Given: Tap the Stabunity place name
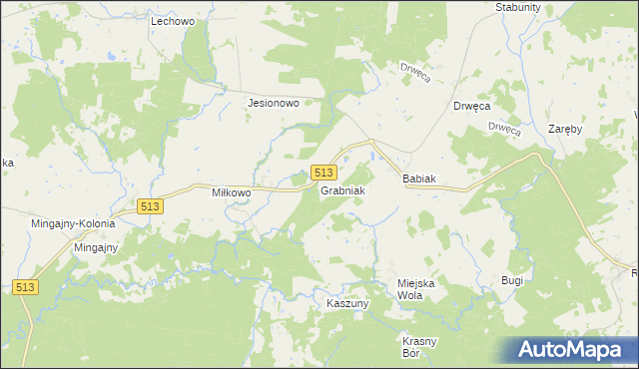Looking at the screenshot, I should pyautogui.click(x=517, y=7).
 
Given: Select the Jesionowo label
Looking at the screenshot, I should pyautogui.click(x=274, y=102).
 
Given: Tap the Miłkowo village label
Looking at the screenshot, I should pyautogui.click(x=237, y=191).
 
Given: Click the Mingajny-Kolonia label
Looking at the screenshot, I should pyautogui.click(x=73, y=224).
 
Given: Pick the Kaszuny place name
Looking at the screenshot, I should pyautogui.click(x=348, y=302).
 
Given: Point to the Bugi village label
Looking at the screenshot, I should pyautogui.click(x=512, y=281).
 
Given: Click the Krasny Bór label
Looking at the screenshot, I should pyautogui.click(x=419, y=347).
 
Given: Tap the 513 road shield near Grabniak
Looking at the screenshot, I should pyautogui.click(x=322, y=173).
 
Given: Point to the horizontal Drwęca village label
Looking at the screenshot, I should pyautogui.click(x=470, y=106).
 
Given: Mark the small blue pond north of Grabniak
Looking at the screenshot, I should pyautogui.click(x=372, y=156).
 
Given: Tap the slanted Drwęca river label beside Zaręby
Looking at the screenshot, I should pyautogui.click(x=505, y=127).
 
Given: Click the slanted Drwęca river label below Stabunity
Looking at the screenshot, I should pyautogui.click(x=414, y=73).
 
